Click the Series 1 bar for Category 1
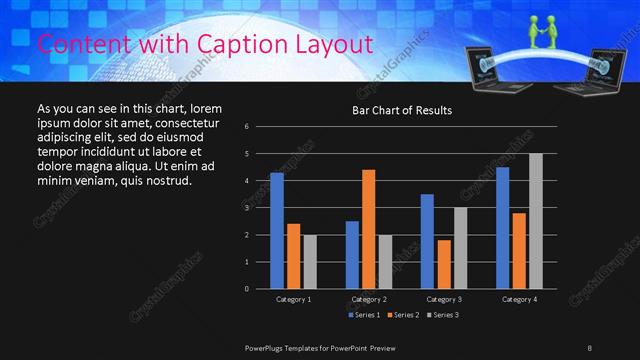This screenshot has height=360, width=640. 277,231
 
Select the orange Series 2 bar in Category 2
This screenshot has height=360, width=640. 369,229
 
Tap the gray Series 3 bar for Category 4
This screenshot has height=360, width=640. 535,221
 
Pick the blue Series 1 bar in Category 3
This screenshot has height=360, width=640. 427,241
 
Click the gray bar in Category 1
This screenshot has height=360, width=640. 309,261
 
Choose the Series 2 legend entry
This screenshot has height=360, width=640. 404,315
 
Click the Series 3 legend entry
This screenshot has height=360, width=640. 442,315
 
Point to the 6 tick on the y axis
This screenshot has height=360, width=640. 246,127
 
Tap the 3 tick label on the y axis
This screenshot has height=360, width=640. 246,208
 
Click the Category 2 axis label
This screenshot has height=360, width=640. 368,299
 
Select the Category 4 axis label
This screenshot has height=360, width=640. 519,299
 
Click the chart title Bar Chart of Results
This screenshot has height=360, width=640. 402,110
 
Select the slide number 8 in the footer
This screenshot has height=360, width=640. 589,347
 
